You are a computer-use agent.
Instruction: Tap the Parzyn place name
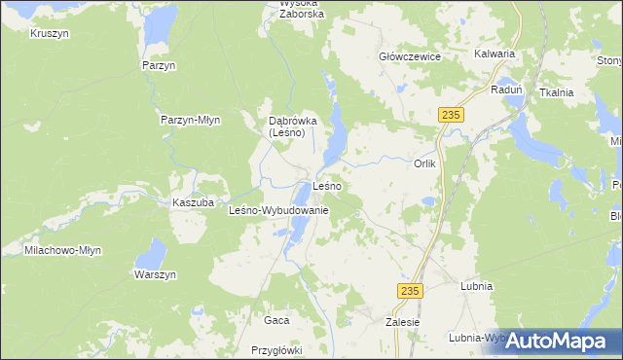[158, 64]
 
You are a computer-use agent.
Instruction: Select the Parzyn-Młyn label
[191, 120]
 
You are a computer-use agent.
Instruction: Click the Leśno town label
[326, 186]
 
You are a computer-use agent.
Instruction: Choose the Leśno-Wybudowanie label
[278, 210]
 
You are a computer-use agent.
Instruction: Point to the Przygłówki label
[277, 350]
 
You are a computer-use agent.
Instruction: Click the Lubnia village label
[476, 287]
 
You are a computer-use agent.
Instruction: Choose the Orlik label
[425, 163]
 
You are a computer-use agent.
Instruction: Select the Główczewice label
[410, 56]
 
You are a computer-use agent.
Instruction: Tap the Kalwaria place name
[494, 54]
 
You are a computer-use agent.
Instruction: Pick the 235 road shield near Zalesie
[410, 290]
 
